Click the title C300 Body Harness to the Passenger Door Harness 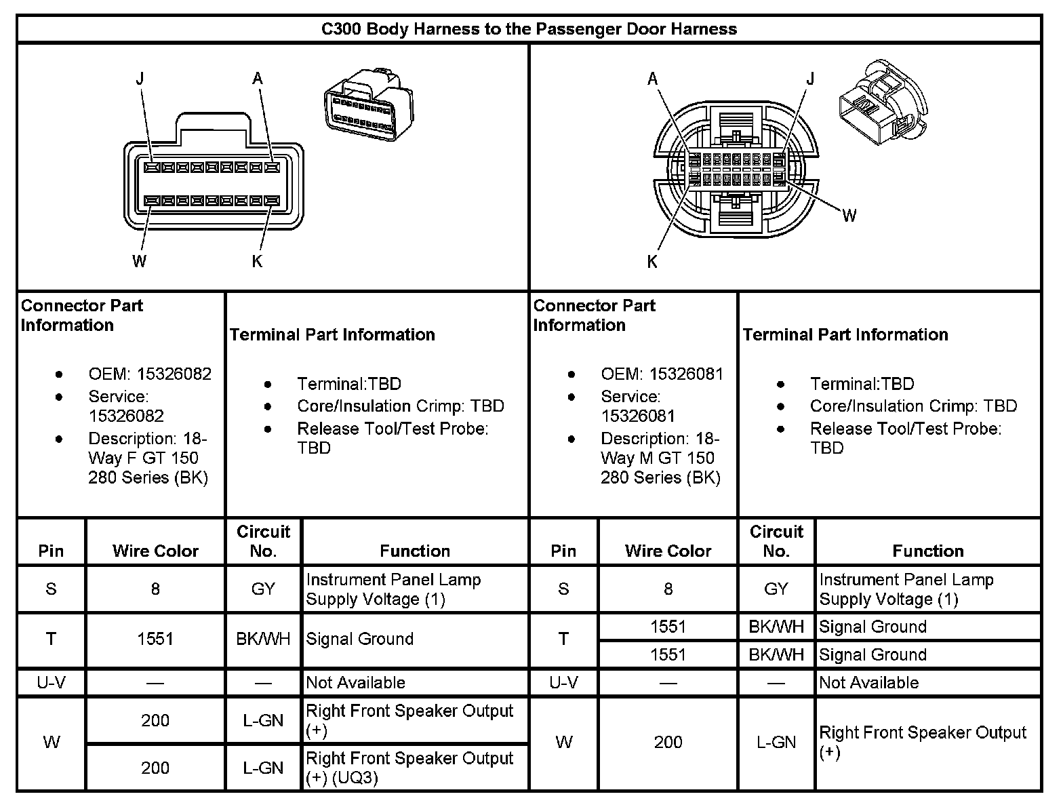coord(529,29)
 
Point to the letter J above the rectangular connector coord(140,79)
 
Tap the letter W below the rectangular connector coord(139,261)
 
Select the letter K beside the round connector coord(652,262)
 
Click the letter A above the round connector coord(652,79)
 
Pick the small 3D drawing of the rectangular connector coord(367,106)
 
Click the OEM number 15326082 coord(174,374)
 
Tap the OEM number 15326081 coord(686,374)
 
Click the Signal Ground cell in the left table coord(360,639)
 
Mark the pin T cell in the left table coord(52,639)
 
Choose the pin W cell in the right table coord(564,743)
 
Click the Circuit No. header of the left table coord(263,541)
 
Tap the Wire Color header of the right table coord(668,551)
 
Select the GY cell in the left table coord(263,589)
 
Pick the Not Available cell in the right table coord(868,683)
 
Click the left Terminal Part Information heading coord(332,334)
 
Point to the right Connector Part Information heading coord(594,315)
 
